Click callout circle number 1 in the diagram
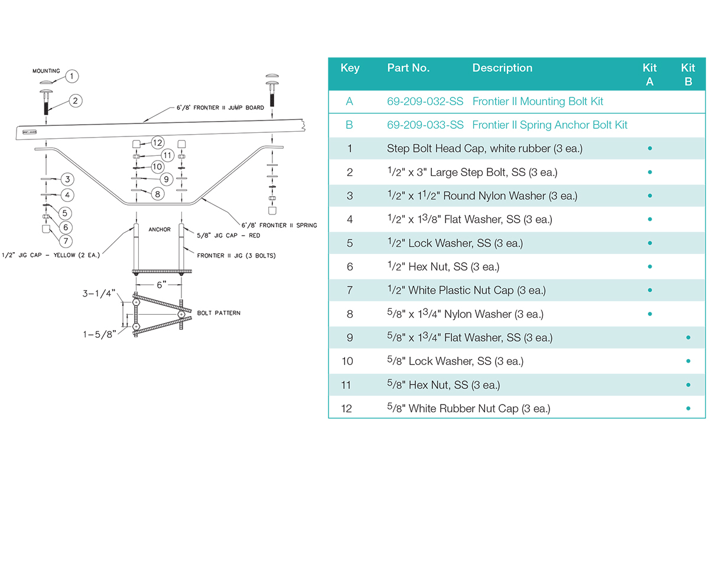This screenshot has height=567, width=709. pyautogui.click(x=71, y=76)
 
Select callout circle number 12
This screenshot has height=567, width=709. pyautogui.click(x=157, y=142)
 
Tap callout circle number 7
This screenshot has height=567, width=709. pyautogui.click(x=66, y=240)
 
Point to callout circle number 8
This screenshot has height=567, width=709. pyautogui.click(x=157, y=193)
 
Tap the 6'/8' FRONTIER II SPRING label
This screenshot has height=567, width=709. pyautogui.click(x=279, y=225)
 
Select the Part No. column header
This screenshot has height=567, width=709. pyautogui.click(x=408, y=68)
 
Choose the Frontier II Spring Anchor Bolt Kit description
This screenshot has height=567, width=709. pyautogui.click(x=549, y=125)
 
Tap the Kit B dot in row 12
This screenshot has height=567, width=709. pyautogui.click(x=688, y=408)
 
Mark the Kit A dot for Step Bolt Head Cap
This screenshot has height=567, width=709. pyautogui.click(x=650, y=148)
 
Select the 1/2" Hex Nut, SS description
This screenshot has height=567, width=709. pyautogui.click(x=443, y=267)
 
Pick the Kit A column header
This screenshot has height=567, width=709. pyautogui.click(x=650, y=74)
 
